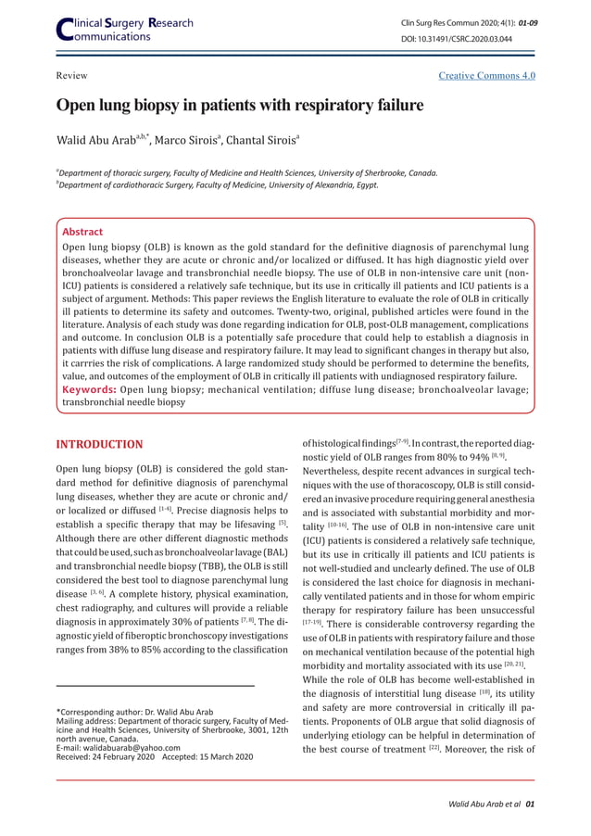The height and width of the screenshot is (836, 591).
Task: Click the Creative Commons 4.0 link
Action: tap(486, 75)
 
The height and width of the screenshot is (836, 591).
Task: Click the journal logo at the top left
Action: tap(125, 28)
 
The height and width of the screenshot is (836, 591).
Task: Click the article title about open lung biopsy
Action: tap(240, 105)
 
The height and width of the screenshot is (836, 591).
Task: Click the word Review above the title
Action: tap(72, 75)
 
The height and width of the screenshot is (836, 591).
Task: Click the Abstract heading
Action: tap(82, 232)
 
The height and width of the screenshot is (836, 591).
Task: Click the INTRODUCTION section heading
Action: tap(100, 445)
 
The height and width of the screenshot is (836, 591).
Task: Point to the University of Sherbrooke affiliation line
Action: tap(247, 172)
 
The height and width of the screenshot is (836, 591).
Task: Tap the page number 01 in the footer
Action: tap(529, 804)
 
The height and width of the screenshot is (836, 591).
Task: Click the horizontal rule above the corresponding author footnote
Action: tap(156, 686)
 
